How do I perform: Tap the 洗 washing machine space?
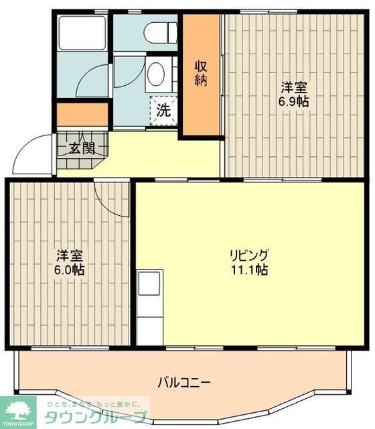click(163, 111)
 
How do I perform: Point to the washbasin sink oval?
click(156, 74)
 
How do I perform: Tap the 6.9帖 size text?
click(294, 102)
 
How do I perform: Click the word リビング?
click(249, 255)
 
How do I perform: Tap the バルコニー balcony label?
click(185, 383)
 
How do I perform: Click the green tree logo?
click(21, 409)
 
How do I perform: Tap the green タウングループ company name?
click(94, 418)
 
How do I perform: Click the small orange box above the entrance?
click(82, 113)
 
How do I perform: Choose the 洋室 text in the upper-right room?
click(294, 87)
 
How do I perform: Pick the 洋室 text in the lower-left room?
click(69, 255)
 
